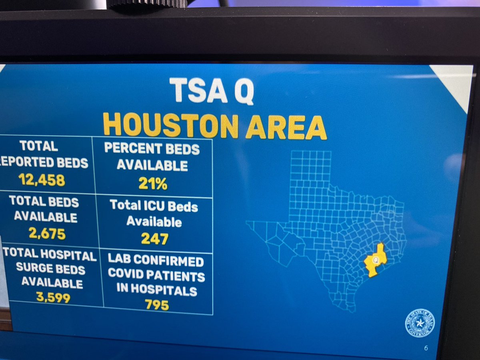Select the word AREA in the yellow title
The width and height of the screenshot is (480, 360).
286,127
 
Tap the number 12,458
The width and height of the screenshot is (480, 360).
41,180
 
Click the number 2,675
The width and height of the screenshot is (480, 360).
47,233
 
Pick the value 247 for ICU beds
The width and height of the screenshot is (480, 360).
154,238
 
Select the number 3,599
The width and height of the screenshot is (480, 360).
52,297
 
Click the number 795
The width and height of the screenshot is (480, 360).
157,305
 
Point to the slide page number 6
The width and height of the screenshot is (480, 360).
426,348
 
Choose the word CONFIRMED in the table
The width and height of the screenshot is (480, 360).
169,262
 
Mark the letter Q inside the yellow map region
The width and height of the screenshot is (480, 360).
375,260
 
